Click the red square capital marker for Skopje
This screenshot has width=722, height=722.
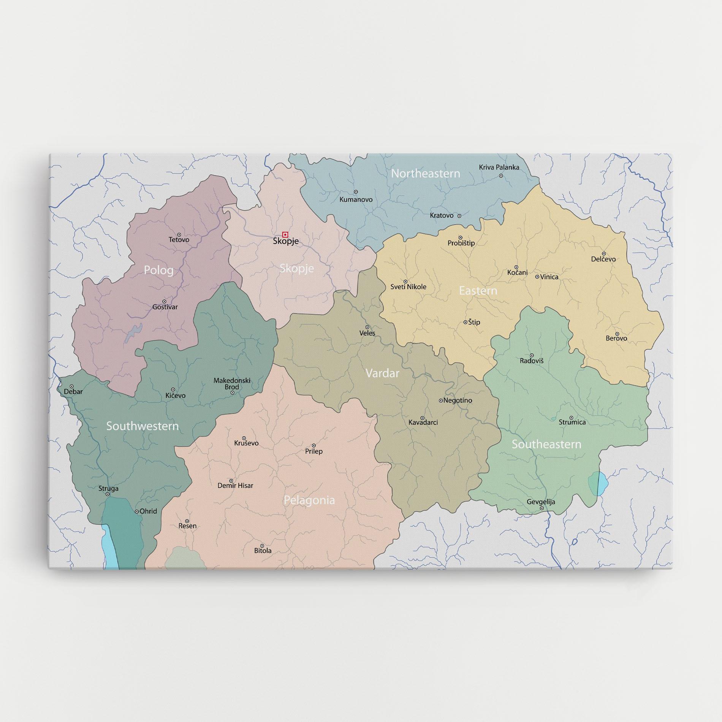point(285,234)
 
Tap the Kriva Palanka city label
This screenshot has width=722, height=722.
point(499,167)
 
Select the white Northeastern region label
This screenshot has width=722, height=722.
point(425,174)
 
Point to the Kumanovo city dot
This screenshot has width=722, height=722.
point(356,192)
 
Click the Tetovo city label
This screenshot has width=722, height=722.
point(179,240)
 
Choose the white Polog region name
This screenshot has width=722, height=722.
point(158,270)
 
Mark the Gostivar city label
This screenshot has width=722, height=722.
point(165,307)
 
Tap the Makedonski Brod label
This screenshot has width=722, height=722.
point(232,384)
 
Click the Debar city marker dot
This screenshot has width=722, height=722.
point(71,386)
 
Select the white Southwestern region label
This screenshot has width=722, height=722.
point(142,426)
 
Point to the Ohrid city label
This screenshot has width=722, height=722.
point(148,511)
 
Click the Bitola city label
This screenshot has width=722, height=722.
point(263,551)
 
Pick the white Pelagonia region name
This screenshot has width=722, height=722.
point(309,500)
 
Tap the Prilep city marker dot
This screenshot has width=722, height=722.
point(314,445)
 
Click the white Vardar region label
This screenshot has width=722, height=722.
point(382,373)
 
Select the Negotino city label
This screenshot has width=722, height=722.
point(458,401)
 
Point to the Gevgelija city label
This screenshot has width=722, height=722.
point(541,502)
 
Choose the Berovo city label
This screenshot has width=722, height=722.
point(616,338)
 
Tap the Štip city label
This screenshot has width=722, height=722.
point(474,322)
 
